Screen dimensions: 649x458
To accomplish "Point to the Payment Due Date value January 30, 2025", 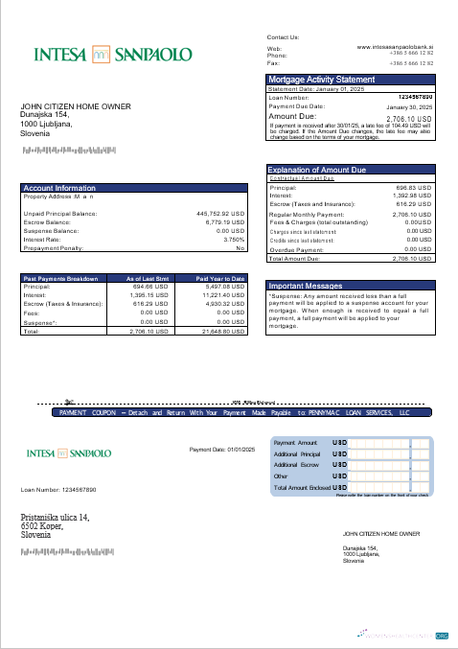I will (x=410, y=107).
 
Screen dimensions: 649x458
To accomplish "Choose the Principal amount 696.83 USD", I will (x=414, y=188).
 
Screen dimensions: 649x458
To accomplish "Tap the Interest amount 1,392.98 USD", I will (x=412, y=197).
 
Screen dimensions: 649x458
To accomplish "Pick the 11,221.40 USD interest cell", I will (x=224, y=295).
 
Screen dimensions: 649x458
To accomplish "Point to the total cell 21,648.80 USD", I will (x=224, y=331).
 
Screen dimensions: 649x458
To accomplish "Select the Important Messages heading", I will (x=305, y=286).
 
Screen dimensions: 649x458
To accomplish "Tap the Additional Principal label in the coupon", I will (x=295, y=453).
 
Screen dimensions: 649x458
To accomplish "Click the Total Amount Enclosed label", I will (x=301, y=488).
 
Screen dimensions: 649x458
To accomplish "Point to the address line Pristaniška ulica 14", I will (x=56, y=519).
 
